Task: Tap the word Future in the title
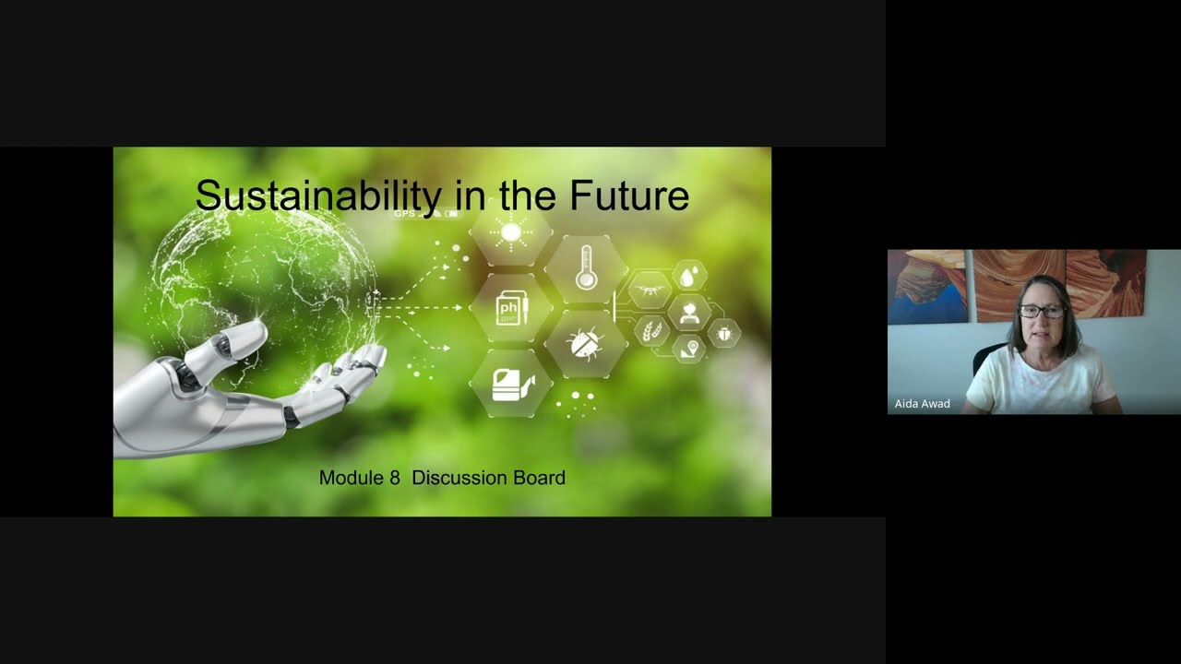tap(628, 196)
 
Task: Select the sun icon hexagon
tap(511, 232)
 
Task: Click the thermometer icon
tap(586, 267)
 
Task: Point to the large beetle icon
tap(585, 344)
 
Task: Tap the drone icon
tap(649, 290)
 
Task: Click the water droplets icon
tap(688, 276)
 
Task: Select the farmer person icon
tap(688, 312)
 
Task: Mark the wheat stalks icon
tap(651, 330)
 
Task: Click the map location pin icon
tap(688, 348)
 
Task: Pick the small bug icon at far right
tap(724, 331)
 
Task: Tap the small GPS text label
tap(404, 214)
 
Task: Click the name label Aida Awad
tap(922, 404)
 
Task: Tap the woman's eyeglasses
tap(1041, 312)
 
